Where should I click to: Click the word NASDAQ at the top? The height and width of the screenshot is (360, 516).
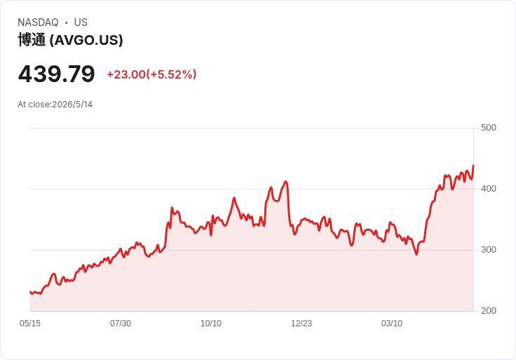coord(38,22)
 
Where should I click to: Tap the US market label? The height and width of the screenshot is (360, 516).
coord(81,22)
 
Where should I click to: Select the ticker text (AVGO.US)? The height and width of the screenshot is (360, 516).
coord(86,40)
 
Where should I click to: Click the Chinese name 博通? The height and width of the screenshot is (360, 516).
coord(32,40)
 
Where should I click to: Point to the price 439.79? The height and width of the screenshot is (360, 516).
coord(57,74)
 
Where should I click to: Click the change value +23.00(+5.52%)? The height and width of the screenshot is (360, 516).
coord(151,74)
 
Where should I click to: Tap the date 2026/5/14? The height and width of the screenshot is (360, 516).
coord(72,105)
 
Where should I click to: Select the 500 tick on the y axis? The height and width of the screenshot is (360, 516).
coord(489,128)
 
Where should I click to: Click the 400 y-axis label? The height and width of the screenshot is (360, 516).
coord(489,189)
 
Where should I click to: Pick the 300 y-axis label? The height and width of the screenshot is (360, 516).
coord(489,250)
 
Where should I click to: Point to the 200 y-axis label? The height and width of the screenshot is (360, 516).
coord(489,311)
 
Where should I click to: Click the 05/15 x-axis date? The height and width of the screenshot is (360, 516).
coord(30,324)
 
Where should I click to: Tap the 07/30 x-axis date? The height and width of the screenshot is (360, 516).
coord(121,324)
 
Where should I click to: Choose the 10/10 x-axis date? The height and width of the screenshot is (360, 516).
coord(211,324)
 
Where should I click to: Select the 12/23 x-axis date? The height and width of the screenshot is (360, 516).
coord(301,324)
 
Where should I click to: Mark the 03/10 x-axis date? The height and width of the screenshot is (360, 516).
coord(392,324)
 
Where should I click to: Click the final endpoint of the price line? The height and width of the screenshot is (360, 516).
coord(473,166)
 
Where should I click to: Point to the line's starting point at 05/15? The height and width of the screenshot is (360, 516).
coord(30,292)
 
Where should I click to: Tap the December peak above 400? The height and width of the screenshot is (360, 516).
coord(285,182)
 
